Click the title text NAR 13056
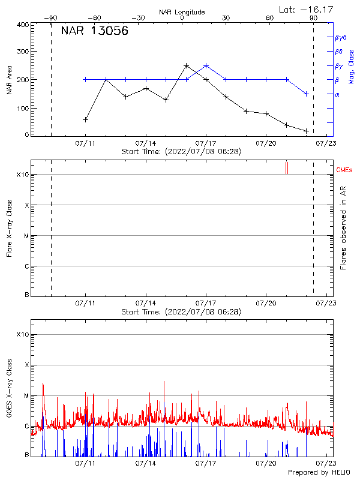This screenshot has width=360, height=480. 94,32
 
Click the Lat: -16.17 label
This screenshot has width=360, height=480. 306,9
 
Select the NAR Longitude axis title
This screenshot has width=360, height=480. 182,12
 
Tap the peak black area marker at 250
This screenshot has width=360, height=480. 186,65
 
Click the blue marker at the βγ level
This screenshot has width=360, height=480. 206,65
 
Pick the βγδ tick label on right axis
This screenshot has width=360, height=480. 340,37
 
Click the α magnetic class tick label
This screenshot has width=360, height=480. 337,94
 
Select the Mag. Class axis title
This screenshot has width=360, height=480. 351,66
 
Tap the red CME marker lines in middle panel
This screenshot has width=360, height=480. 287,168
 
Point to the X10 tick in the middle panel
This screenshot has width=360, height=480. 22,175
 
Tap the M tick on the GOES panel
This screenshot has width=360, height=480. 26,396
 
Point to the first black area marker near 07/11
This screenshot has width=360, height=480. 86,119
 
